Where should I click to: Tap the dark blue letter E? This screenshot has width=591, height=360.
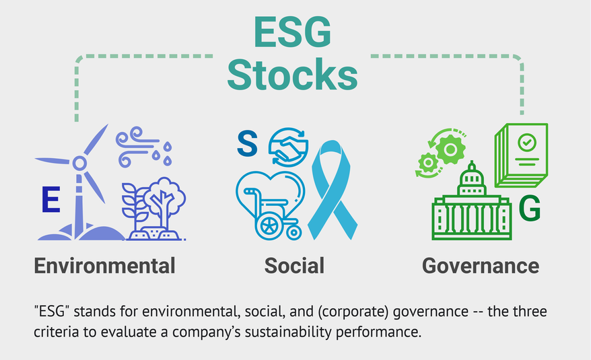50,201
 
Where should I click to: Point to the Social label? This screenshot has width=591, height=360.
294,264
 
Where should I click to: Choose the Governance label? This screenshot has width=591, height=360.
481,264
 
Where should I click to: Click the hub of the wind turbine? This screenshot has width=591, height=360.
79,162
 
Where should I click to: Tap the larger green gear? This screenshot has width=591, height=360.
446,148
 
